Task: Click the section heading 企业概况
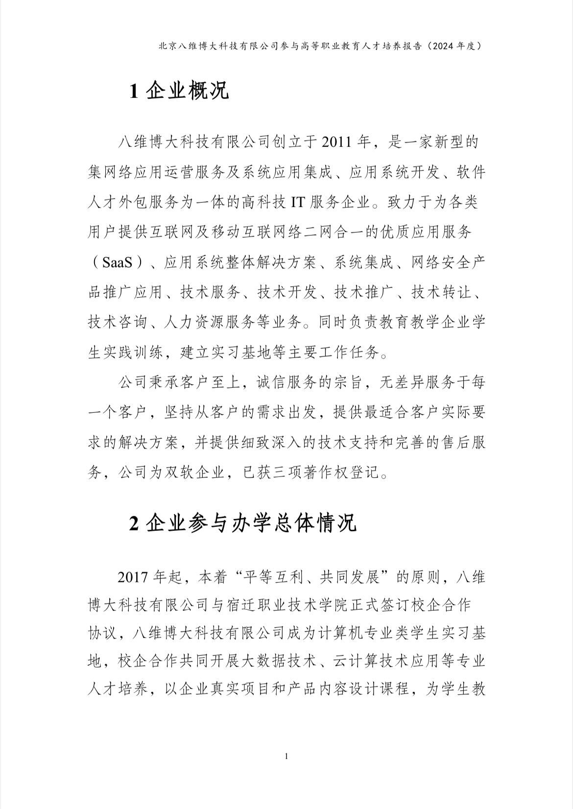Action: (188, 92)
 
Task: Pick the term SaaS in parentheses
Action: (118, 263)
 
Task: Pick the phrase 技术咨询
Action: (118, 322)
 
